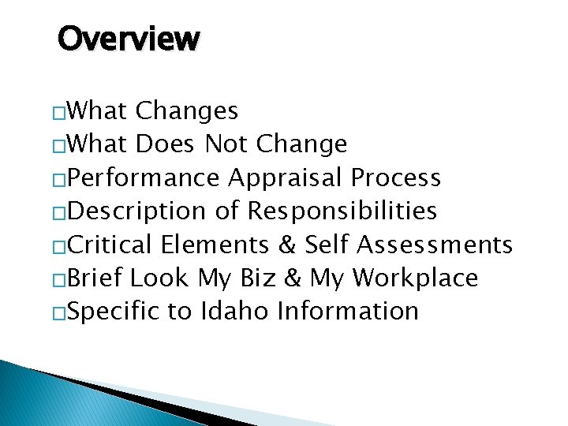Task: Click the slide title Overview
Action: (x=129, y=38)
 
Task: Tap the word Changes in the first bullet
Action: (x=187, y=111)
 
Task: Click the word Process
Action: (x=396, y=178)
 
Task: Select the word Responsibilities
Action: (x=342, y=211)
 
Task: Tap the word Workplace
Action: (x=415, y=278)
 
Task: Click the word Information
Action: (x=347, y=311)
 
